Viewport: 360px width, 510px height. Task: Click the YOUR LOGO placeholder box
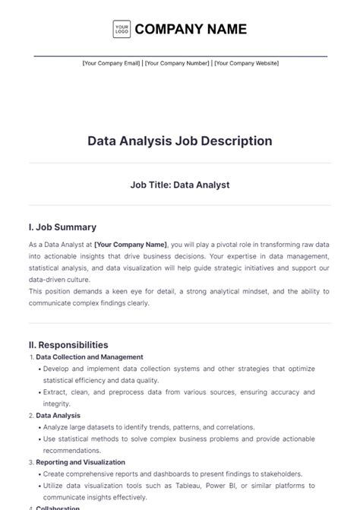click(121, 30)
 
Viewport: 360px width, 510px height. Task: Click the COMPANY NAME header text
click(191, 30)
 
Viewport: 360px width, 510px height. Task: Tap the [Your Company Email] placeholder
click(111, 63)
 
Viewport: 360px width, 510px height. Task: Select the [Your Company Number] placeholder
click(176, 63)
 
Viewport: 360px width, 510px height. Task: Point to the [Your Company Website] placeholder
click(246, 63)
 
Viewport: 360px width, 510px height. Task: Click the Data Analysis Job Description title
click(180, 141)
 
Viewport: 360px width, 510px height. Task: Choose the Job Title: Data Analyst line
click(180, 184)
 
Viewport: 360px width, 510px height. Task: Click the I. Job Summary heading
click(62, 227)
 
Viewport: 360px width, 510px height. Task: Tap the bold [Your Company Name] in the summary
click(131, 245)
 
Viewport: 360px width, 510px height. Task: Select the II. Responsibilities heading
click(68, 344)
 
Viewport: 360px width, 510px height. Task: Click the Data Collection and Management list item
click(90, 356)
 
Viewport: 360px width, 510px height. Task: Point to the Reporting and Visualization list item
click(81, 462)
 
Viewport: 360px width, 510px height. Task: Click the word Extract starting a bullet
click(55, 392)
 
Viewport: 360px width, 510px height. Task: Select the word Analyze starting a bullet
click(57, 427)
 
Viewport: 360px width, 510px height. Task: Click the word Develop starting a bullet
click(58, 369)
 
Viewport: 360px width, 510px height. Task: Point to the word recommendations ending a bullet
click(74, 451)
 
